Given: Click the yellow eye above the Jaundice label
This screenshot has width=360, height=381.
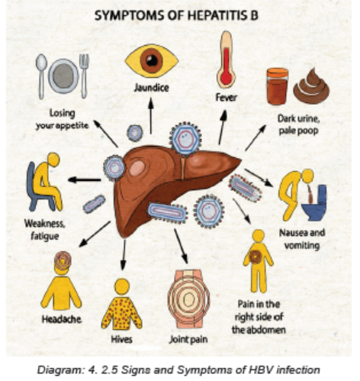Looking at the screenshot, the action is click(152, 61).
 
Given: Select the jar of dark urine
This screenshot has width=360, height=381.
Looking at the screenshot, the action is click(277, 86).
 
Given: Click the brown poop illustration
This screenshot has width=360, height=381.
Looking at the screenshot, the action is click(311, 86).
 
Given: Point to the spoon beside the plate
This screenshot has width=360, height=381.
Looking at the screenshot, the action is click(41, 76).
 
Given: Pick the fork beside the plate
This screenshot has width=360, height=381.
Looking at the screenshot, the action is click(84, 76).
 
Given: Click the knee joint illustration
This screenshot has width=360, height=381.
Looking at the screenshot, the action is click(188, 299).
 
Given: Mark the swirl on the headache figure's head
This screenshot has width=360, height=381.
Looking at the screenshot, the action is click(63, 260).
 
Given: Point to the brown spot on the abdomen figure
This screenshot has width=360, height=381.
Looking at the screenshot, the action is click(256, 257).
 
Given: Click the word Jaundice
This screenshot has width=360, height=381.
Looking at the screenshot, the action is click(152, 88).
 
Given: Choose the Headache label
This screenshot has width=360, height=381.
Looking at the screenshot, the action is click(62, 319).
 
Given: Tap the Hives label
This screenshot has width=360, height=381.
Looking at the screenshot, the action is click(122, 339).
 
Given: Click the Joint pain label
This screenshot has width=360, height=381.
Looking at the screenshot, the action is click(188, 340).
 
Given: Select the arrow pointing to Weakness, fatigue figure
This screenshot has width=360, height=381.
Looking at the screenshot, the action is click(85, 180).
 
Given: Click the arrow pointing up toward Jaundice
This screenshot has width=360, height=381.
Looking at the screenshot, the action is click(151, 115).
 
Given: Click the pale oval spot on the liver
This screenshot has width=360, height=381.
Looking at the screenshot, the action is click(137, 168).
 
